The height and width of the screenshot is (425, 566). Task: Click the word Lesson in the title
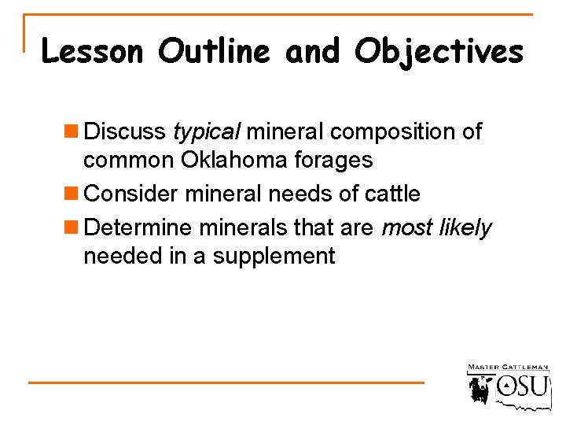[x=92, y=52]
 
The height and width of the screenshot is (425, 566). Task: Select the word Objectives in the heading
[x=439, y=52]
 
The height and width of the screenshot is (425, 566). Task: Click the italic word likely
[x=467, y=228]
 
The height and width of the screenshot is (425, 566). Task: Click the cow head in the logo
[x=480, y=388]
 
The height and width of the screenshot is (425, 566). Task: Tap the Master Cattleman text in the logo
[x=508, y=368]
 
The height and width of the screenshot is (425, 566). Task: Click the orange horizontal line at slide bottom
[x=226, y=382]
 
